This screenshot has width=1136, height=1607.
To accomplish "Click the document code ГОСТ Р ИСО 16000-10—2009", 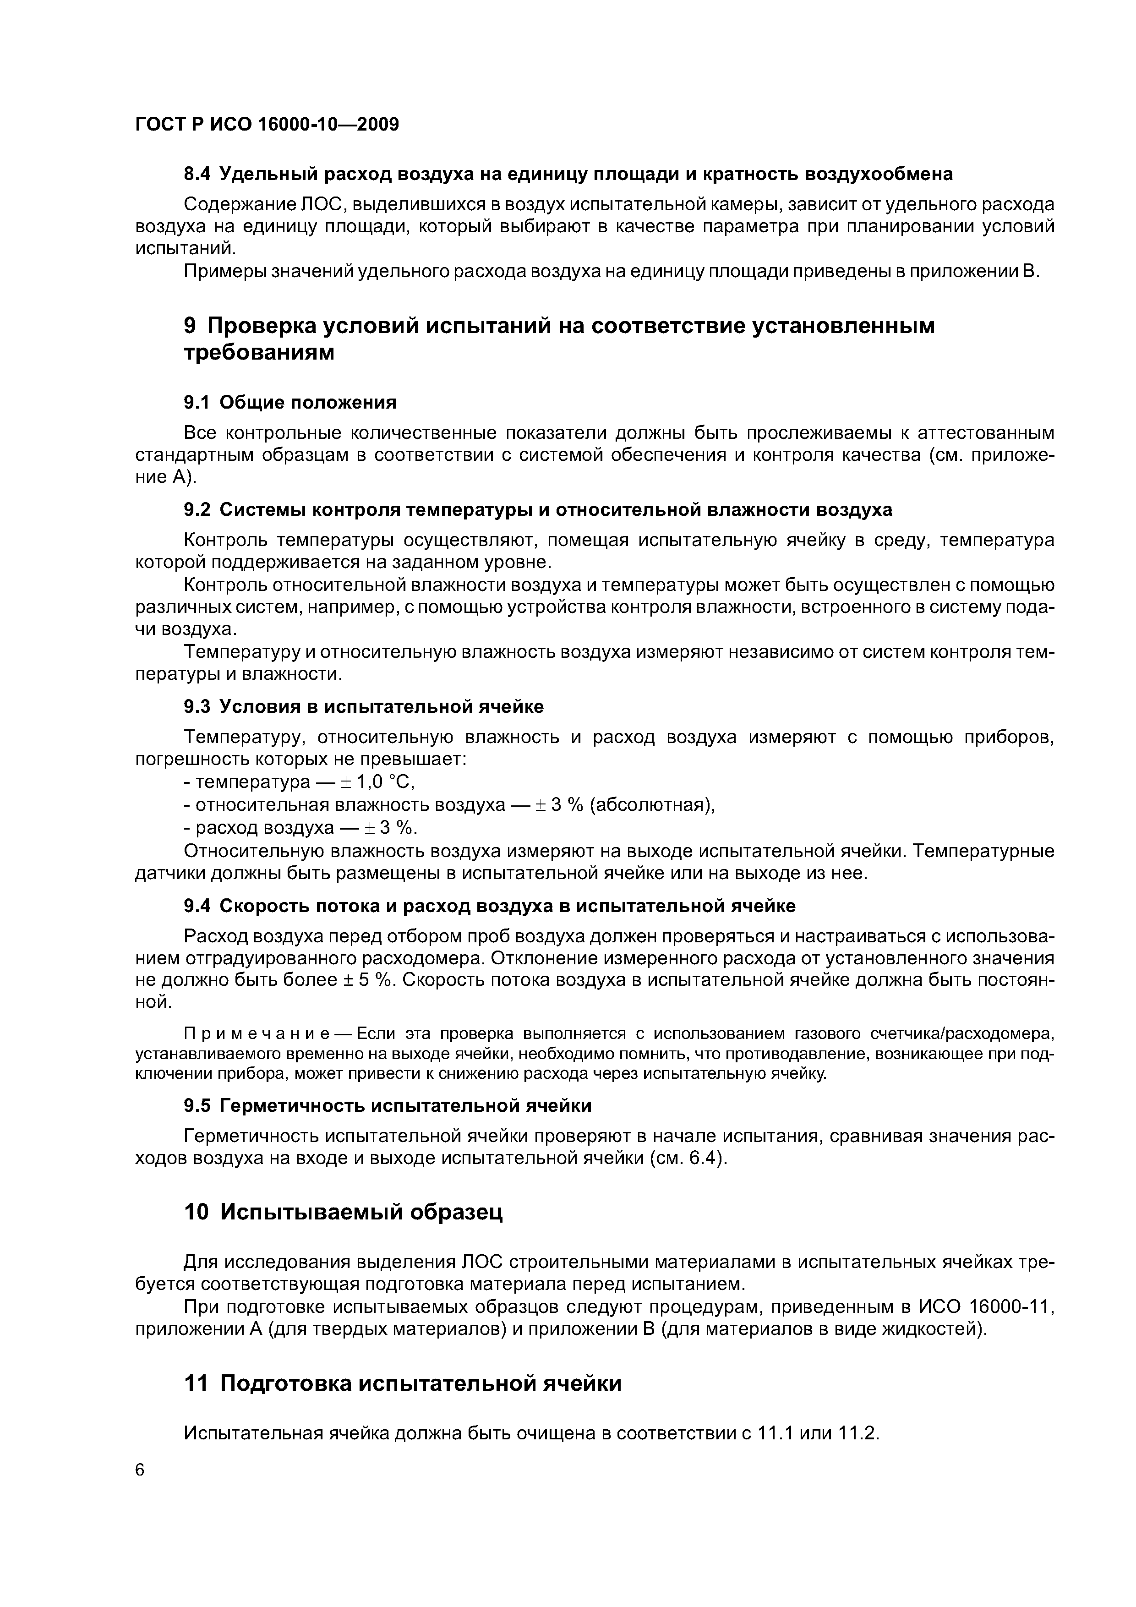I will (x=267, y=125).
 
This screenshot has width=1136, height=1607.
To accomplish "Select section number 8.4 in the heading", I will (x=197, y=174).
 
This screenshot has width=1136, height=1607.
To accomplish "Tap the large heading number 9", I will (x=191, y=326).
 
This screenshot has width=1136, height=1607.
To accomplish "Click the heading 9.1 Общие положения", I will (x=290, y=403).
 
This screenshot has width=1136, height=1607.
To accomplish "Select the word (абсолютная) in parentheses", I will (x=652, y=805).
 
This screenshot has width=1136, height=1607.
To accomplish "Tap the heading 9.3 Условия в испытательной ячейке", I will (x=363, y=707).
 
